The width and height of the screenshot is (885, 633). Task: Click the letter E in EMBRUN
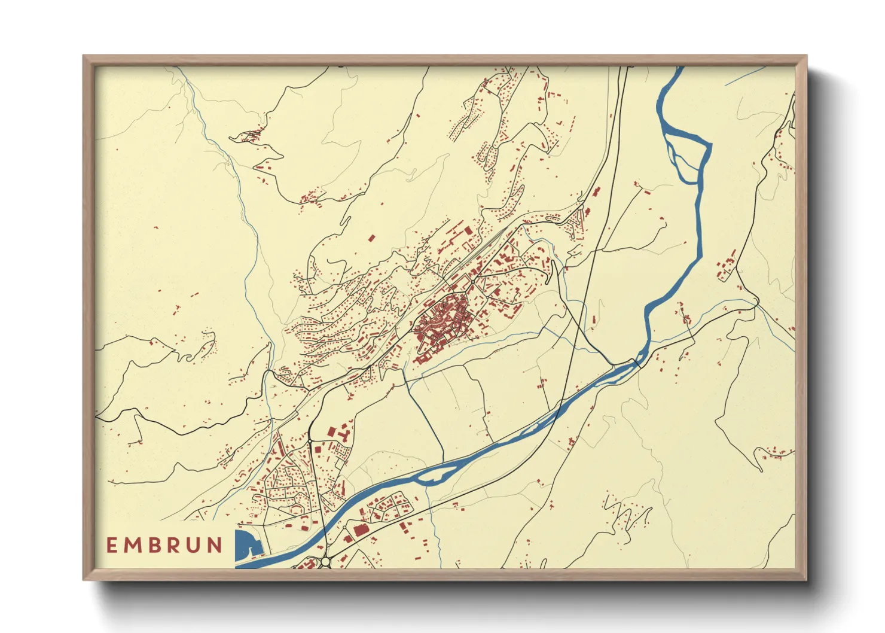112,545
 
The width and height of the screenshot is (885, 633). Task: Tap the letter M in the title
132,545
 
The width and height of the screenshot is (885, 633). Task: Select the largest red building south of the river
361,530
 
